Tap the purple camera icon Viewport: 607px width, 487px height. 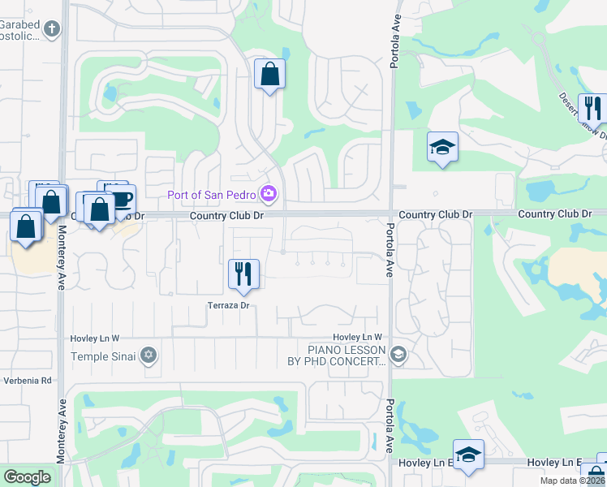pos(269,193)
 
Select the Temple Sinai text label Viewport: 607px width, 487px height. pos(100,356)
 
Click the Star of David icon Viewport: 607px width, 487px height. pos(149,355)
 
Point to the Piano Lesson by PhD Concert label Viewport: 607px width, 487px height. pos(345,356)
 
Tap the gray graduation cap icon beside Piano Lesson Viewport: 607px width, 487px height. pos(398,355)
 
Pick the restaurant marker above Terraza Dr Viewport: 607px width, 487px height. pos(243,274)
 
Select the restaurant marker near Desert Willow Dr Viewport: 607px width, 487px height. pos(592,110)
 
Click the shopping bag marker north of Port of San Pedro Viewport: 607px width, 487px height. pos(270,76)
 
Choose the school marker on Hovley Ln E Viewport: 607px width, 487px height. pos(468,455)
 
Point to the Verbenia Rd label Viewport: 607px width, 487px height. pos(26,380)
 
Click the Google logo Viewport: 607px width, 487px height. pos(28,477)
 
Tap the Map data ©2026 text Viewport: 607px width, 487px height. pos(573,480)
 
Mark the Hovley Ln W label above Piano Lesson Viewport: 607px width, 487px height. pos(356,337)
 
